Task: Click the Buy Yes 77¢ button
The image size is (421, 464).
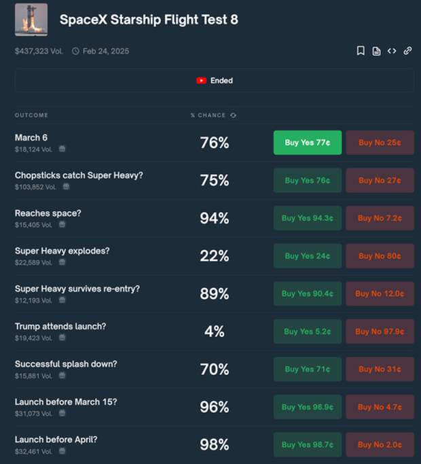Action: pyautogui.click(x=308, y=143)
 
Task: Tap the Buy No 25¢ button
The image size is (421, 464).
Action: pyautogui.click(x=380, y=143)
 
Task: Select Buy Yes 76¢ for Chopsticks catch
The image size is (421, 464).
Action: pyautogui.click(x=308, y=181)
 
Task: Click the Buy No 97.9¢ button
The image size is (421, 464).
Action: pyautogui.click(x=380, y=332)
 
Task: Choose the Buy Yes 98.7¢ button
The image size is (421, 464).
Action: pyautogui.click(x=308, y=444)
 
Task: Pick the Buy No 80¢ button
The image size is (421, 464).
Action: pyautogui.click(x=380, y=256)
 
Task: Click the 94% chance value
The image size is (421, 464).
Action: pyautogui.click(x=214, y=218)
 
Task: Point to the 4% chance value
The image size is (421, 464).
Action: pyautogui.click(x=214, y=332)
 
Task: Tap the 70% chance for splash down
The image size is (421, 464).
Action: pyautogui.click(x=214, y=370)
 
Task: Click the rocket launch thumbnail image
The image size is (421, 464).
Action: pyautogui.click(x=31, y=20)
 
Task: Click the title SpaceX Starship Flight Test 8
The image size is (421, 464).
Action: pyautogui.click(x=149, y=20)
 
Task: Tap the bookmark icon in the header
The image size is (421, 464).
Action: pyautogui.click(x=361, y=51)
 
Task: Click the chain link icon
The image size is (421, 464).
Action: pyautogui.click(x=407, y=51)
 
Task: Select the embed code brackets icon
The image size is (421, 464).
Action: pyautogui.click(x=392, y=51)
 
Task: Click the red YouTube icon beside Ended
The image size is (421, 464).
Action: pyautogui.click(x=202, y=80)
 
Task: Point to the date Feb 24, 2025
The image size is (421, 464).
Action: pyautogui.click(x=105, y=51)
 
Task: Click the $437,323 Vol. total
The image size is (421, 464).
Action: pyautogui.click(x=39, y=51)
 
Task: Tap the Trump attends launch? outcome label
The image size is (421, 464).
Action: pyautogui.click(x=60, y=326)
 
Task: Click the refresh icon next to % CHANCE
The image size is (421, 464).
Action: pyautogui.click(x=233, y=115)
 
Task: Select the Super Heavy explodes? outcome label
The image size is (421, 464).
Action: pyautogui.click(x=62, y=251)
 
